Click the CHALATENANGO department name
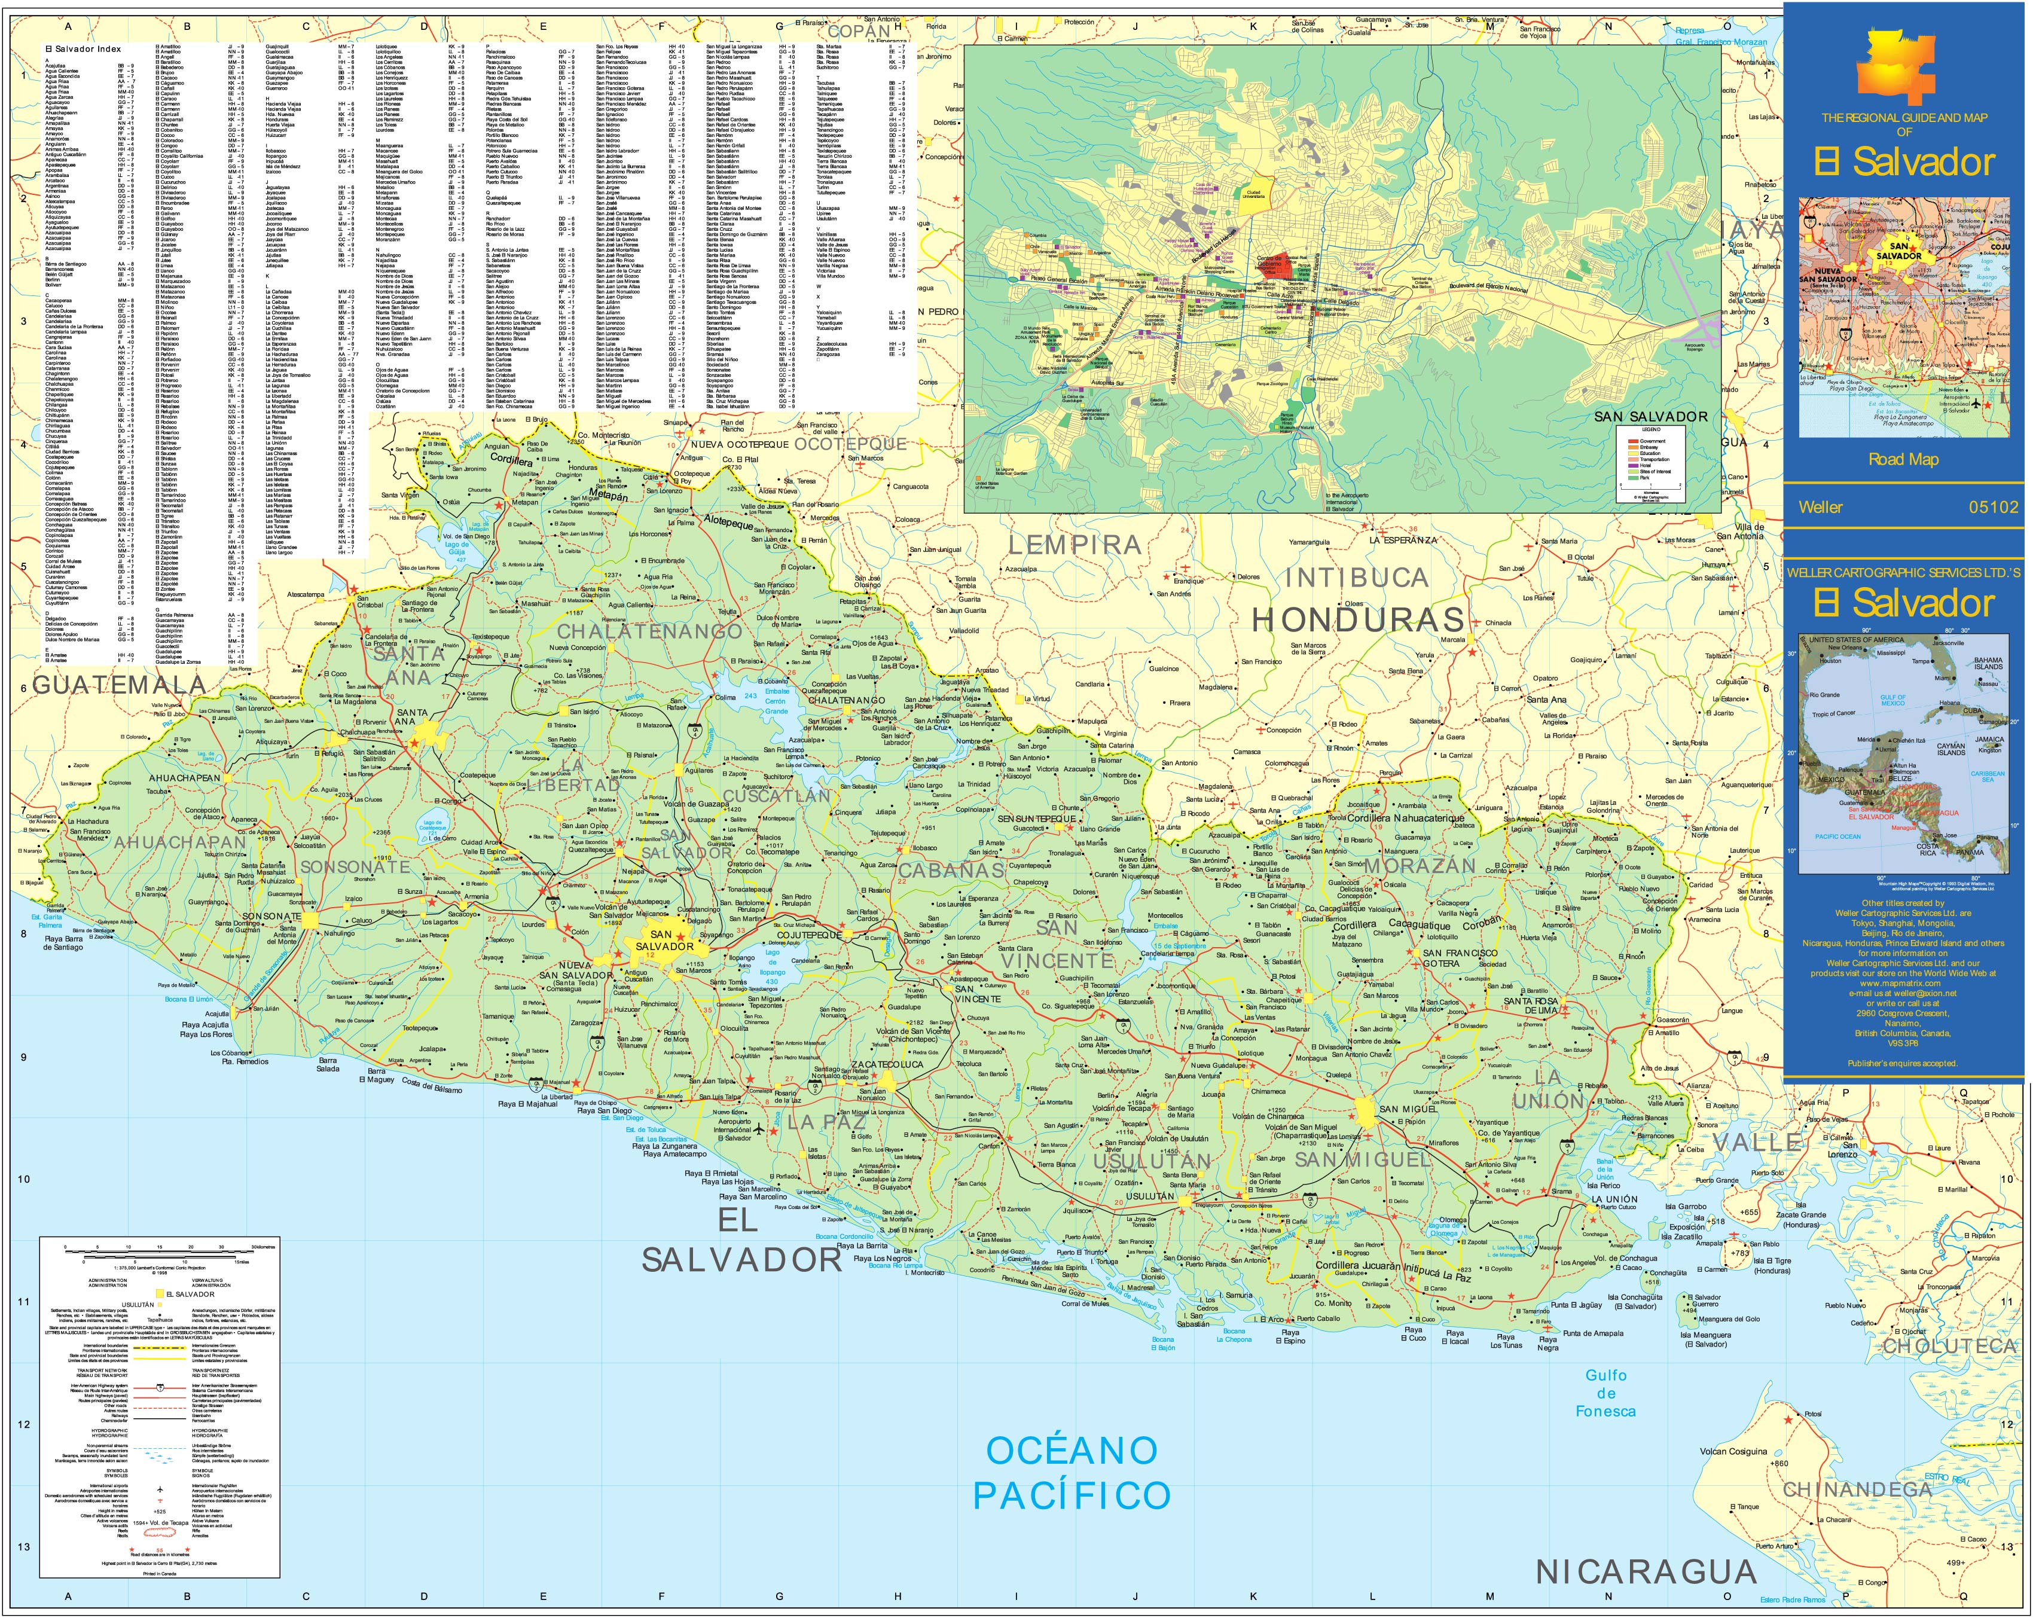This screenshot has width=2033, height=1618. [x=649, y=632]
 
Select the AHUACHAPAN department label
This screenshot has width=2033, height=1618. [x=179, y=842]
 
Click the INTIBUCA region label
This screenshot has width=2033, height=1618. [x=1357, y=577]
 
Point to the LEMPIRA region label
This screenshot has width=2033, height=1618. [x=1075, y=544]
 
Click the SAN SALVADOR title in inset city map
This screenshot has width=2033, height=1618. [x=1650, y=416]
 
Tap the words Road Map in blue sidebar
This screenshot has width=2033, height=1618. [x=1904, y=459]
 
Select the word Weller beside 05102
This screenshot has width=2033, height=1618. [x=1820, y=507]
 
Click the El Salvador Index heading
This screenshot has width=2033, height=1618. [x=83, y=48]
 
